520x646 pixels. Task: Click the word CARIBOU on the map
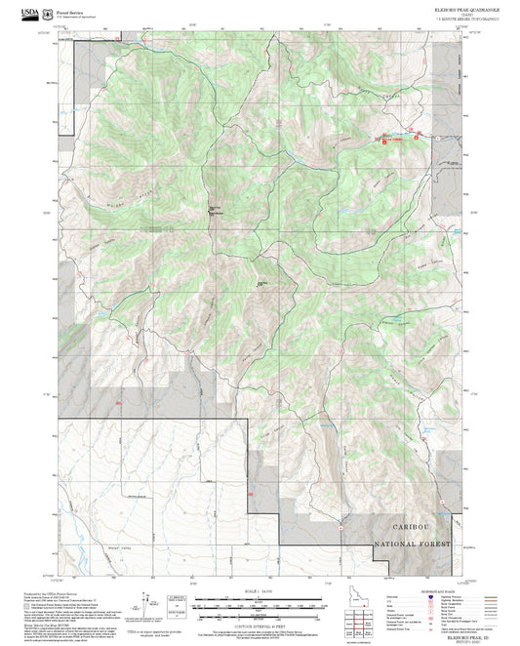(411, 525)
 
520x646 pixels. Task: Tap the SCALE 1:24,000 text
(259, 588)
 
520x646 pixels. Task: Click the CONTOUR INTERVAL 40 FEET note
(259, 626)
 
